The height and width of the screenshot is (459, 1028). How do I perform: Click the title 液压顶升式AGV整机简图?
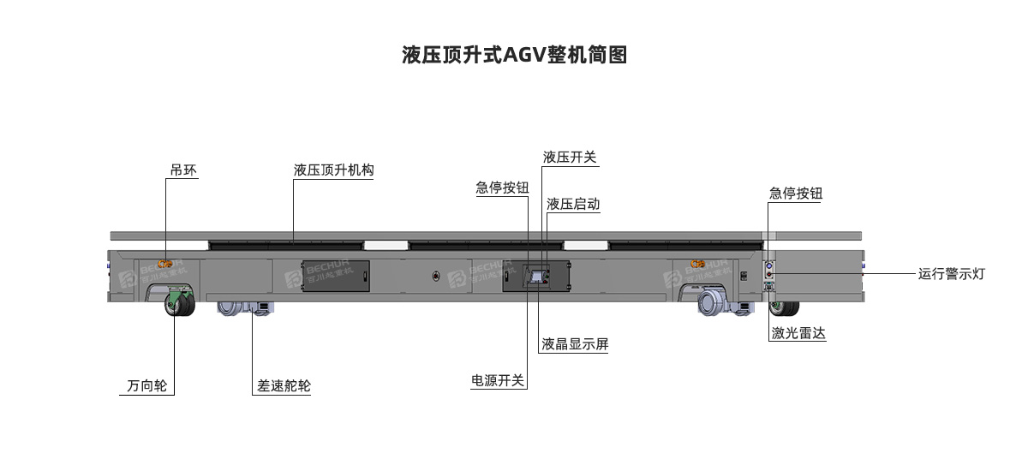point(515,55)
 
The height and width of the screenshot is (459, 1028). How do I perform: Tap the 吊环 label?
point(183,170)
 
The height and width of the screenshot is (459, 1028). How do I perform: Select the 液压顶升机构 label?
point(333,170)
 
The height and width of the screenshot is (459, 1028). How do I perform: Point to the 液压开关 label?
point(570,158)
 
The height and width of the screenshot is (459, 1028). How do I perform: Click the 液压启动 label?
point(573,204)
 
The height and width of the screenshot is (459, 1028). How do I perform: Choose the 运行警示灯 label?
point(952,274)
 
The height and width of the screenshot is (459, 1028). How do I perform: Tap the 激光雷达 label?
point(798,333)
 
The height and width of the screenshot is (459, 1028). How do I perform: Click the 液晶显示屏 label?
point(575,344)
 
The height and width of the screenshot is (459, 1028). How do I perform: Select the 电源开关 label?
point(498,380)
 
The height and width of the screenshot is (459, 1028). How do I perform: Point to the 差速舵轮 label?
point(284,385)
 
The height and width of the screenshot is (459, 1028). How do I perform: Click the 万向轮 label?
point(146,385)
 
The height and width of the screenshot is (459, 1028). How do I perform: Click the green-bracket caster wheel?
point(179,301)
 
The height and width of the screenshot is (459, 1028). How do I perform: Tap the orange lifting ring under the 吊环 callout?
point(164,264)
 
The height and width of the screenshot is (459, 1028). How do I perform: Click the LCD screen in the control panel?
point(536,277)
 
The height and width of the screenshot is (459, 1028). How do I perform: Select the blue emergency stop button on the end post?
point(769,266)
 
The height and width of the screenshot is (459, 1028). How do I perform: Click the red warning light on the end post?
point(769,275)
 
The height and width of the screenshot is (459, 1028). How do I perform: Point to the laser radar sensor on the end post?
point(769,287)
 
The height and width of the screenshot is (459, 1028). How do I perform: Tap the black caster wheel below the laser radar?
point(785,308)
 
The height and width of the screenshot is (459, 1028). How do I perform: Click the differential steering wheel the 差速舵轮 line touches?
point(246,308)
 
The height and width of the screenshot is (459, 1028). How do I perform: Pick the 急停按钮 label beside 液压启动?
point(502,188)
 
